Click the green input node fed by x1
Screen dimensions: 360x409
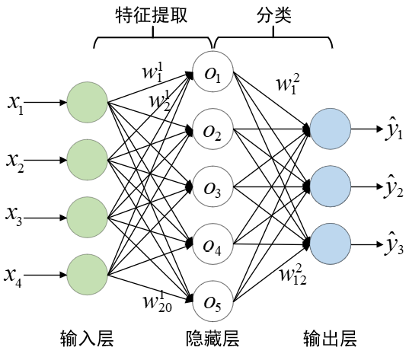click(x=88, y=102)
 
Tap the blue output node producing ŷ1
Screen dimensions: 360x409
click(x=331, y=129)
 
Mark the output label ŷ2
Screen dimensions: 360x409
click(x=394, y=186)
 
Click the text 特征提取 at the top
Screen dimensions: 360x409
click(x=152, y=14)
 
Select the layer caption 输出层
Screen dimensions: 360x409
click(x=330, y=339)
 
